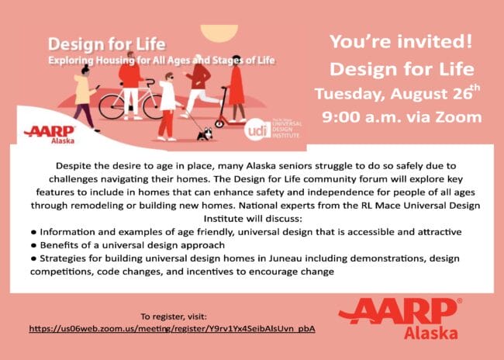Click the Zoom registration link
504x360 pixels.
click(172, 329)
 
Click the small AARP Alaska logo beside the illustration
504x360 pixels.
click(50, 134)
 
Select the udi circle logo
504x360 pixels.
click(257, 130)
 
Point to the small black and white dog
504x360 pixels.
click(205, 133)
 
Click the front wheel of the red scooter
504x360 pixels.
click(219, 123)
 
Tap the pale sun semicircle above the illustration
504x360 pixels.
click(219, 33)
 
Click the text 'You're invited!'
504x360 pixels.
click(401, 41)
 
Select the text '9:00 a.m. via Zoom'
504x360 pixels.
click(402, 117)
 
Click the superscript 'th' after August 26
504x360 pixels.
click(475, 88)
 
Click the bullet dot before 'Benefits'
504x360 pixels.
click(33, 245)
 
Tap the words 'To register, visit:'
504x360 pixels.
click(174, 317)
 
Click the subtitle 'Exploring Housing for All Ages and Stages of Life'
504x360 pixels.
click(162, 61)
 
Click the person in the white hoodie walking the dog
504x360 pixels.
click(168, 107)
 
